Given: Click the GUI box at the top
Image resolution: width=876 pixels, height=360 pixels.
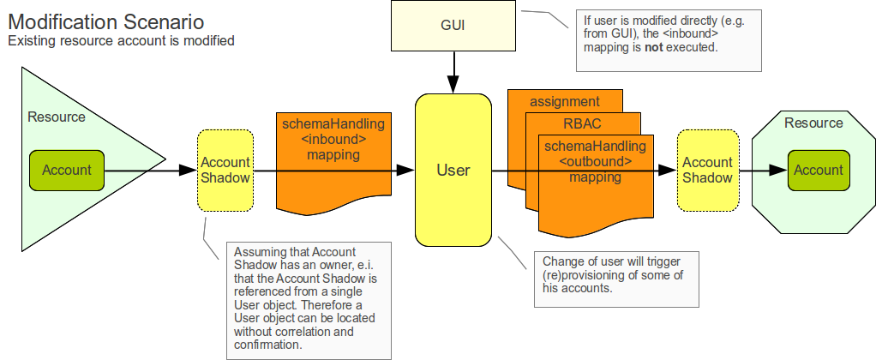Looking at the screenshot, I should pyautogui.click(x=453, y=25).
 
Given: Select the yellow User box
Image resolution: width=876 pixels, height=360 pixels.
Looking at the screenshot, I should pyautogui.click(x=453, y=170).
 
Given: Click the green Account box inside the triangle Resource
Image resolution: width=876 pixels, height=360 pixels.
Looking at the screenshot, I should pyautogui.click(x=67, y=170).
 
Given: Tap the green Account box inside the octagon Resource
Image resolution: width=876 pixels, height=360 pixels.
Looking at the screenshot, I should pyautogui.click(x=819, y=170).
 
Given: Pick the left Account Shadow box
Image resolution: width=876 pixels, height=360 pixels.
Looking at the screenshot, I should pyautogui.click(x=225, y=170).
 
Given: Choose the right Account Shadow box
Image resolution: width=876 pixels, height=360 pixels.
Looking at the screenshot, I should pyautogui.click(x=707, y=170).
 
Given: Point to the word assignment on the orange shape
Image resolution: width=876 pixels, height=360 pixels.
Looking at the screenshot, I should pyautogui.click(x=564, y=101).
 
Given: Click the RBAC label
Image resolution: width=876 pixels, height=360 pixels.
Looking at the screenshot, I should pyautogui.click(x=582, y=123).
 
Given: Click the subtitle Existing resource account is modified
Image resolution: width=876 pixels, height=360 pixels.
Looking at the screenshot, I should pyautogui.click(x=121, y=40).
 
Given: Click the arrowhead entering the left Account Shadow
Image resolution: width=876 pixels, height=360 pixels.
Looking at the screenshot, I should pyautogui.click(x=189, y=170).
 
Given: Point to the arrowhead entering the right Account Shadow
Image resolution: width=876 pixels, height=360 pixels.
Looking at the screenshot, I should pyautogui.click(x=669, y=170).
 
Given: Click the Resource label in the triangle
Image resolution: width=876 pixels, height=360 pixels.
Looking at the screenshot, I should pyautogui.click(x=57, y=117).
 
